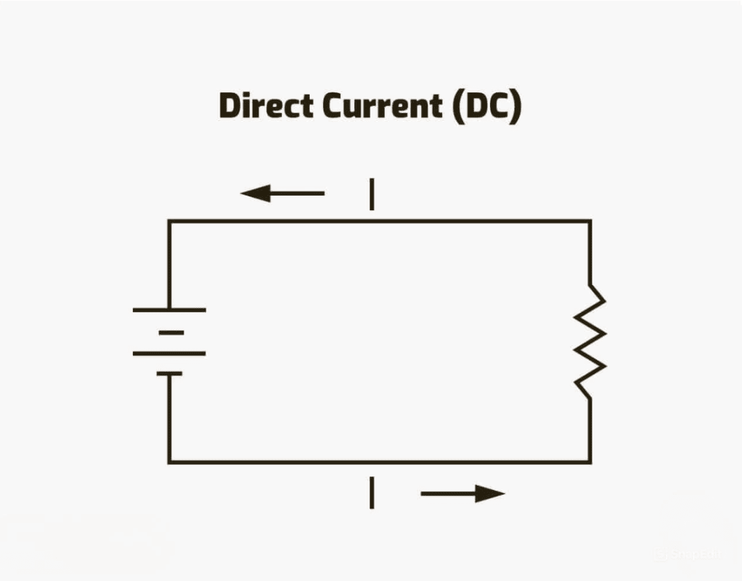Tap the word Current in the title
click(x=382, y=105)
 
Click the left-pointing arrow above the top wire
click(x=283, y=193)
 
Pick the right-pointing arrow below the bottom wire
click(x=463, y=493)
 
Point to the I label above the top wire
click(x=372, y=194)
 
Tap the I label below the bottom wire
click(x=372, y=493)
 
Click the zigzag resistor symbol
click(x=590, y=341)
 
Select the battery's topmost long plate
click(x=170, y=310)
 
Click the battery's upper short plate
click(x=172, y=333)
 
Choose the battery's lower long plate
click(x=170, y=353)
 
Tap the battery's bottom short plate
click(x=170, y=373)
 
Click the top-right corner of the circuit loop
click(x=590, y=221)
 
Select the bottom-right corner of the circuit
click(x=590, y=462)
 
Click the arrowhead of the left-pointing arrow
click(x=255, y=193)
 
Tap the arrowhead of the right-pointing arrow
click(x=490, y=493)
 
